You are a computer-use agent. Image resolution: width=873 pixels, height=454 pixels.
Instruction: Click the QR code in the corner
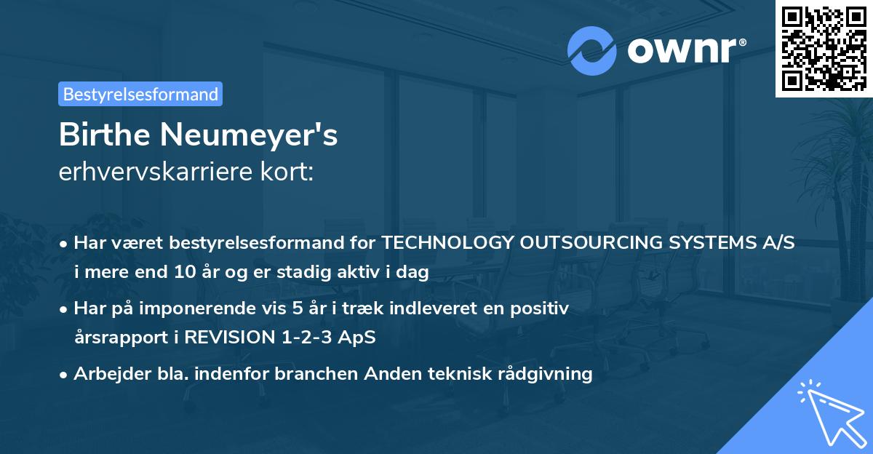tap(824, 48)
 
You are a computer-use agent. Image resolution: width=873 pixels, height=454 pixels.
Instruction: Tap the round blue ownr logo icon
tap(591, 51)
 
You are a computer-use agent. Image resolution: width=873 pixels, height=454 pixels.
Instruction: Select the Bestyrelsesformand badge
tap(140, 94)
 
